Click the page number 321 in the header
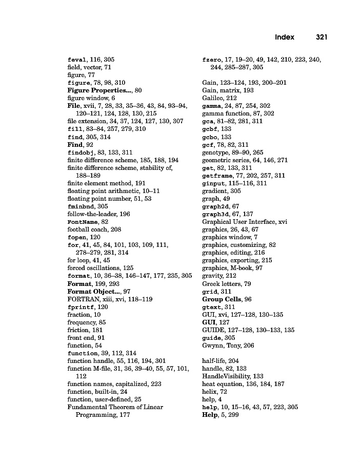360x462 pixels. tap(322, 37)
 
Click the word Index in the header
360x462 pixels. tap(285, 37)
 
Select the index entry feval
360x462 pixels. tap(77, 60)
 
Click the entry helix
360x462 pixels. tap(209, 392)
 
